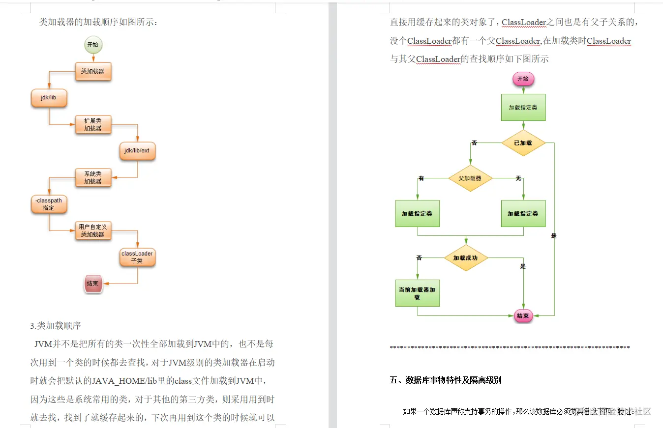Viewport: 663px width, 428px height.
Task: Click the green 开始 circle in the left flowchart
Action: point(92,45)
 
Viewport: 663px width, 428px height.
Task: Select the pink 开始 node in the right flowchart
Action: point(523,79)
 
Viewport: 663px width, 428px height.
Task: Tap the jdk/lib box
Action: point(49,98)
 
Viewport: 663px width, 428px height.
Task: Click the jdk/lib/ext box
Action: point(137,151)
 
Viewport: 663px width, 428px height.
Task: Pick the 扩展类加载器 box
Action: point(93,124)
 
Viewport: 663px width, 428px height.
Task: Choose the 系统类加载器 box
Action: point(93,177)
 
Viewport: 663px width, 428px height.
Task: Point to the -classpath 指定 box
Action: point(49,204)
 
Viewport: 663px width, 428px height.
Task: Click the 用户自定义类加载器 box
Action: point(93,230)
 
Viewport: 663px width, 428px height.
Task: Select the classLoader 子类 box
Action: point(137,257)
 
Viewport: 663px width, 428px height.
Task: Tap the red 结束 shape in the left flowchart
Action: point(92,284)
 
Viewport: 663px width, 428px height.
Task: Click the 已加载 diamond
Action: point(523,143)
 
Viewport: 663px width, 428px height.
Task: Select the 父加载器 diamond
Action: point(470,178)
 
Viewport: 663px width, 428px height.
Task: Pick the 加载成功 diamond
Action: point(465,257)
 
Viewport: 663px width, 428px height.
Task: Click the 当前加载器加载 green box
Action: point(417,293)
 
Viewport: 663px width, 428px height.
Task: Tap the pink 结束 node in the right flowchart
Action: point(523,315)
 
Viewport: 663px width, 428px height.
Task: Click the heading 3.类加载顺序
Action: point(55,325)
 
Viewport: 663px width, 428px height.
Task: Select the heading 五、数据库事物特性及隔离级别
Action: point(446,380)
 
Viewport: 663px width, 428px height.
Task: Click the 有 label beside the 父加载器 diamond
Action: point(421,178)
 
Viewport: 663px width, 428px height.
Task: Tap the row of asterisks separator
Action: point(510,348)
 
